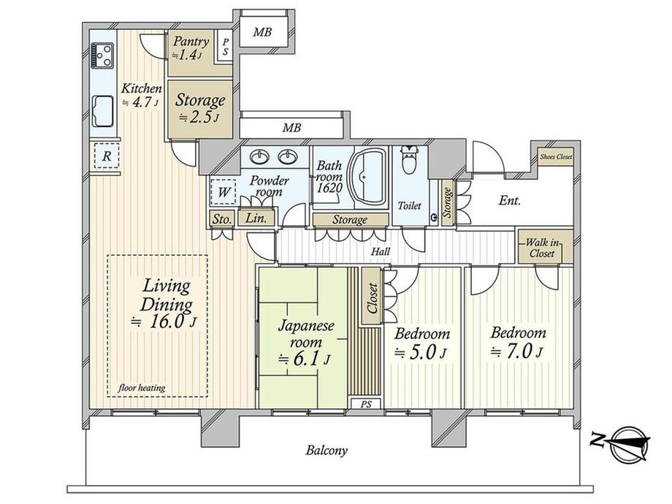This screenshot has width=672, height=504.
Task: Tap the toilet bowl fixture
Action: (x=411, y=159)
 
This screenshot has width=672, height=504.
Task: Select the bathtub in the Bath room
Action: (x=367, y=177)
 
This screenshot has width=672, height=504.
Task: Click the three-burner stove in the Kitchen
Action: (x=103, y=56)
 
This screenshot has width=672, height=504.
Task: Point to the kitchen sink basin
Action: (x=103, y=112)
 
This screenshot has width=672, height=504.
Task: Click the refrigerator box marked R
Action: (x=107, y=156)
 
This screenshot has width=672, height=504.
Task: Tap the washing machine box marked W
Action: (x=224, y=191)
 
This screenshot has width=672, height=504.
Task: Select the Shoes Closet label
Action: (x=556, y=157)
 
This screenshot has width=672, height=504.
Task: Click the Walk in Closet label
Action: (x=543, y=248)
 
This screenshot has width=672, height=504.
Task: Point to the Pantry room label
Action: (x=191, y=42)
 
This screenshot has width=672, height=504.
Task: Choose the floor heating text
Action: (x=142, y=388)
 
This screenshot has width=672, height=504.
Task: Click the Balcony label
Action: (x=327, y=450)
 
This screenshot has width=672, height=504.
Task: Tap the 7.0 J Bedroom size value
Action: (x=517, y=351)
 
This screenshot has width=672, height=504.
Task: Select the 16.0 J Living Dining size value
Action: (x=164, y=321)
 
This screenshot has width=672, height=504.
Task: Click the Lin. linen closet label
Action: (x=256, y=218)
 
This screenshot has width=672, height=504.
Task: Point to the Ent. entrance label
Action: (x=510, y=200)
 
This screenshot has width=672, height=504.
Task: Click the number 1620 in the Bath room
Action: (x=329, y=188)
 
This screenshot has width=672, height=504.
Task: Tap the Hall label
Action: (x=381, y=251)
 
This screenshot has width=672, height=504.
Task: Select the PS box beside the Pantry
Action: (x=226, y=46)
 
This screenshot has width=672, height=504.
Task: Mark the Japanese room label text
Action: (x=306, y=334)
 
